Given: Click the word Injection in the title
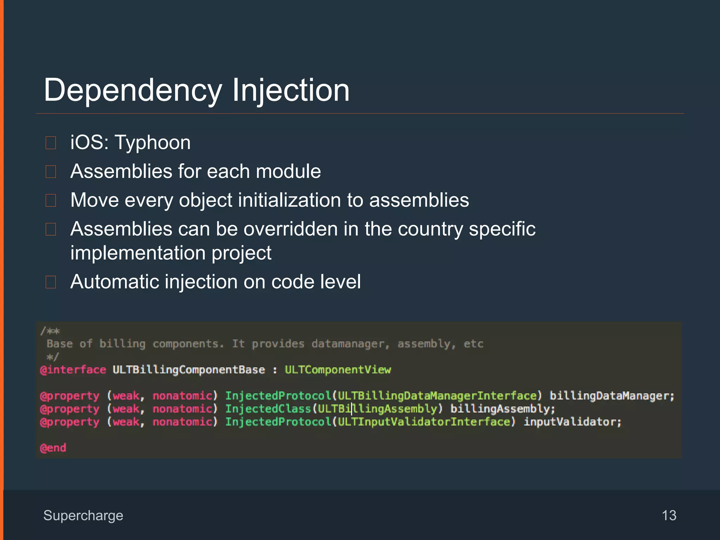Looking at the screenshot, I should [290, 91].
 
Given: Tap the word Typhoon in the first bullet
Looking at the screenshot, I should [153, 143].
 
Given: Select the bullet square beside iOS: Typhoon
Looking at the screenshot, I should [51, 143].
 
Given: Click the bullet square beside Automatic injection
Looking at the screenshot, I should [51, 282].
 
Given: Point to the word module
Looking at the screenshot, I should [288, 172].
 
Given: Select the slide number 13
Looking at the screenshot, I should [669, 515].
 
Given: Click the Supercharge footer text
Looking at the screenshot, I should [83, 515].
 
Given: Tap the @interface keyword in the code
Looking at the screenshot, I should [73, 370].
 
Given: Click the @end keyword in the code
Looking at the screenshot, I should [53, 448].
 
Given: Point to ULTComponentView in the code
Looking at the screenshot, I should [337, 370].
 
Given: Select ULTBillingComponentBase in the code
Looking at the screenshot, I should [189, 370].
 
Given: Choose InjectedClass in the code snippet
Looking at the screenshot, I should [268, 409].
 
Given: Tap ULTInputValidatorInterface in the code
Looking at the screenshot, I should [424, 422].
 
